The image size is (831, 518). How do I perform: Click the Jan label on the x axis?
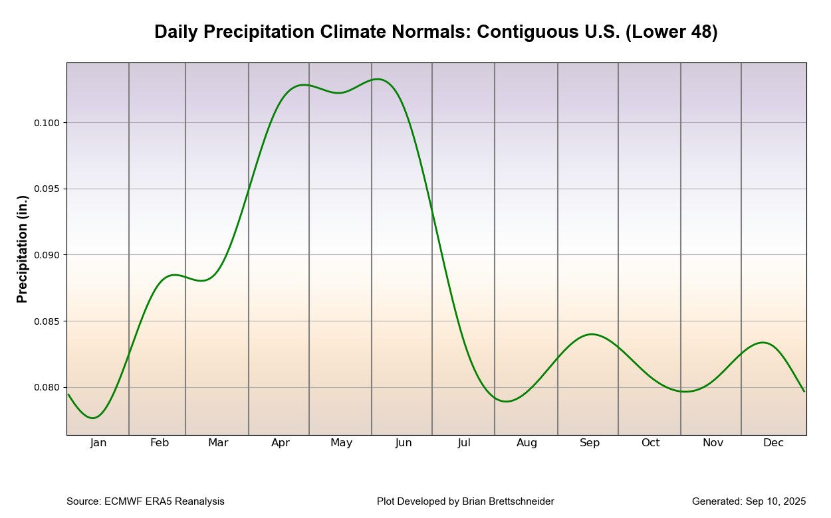tap(98, 443)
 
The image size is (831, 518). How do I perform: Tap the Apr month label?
tap(281, 443)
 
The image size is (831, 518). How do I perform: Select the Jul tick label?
tap(464, 443)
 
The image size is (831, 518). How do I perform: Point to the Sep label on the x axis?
tap(590, 443)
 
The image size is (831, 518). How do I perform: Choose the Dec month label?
tap(773, 443)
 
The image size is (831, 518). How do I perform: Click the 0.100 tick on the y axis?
tap(47, 123)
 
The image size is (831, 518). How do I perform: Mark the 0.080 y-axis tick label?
tap(47, 388)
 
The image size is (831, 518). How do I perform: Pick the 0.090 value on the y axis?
tap(47, 255)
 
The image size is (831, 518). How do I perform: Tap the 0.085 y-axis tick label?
tap(47, 321)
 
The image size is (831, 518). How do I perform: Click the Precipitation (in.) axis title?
tap(23, 249)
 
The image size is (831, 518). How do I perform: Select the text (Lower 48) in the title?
tap(671, 33)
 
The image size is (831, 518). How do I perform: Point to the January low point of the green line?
tap(93, 418)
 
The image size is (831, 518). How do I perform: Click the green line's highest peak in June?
tap(378, 79)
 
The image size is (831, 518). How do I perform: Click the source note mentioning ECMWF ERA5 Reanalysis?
tap(146, 501)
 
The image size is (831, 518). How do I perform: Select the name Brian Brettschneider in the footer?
tap(507, 501)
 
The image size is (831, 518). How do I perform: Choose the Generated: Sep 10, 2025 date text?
tap(749, 501)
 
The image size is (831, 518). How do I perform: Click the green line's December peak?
tap(763, 343)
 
